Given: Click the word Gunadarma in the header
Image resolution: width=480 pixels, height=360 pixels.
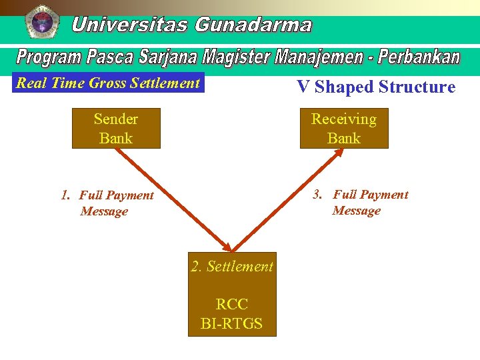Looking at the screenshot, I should tap(253, 25).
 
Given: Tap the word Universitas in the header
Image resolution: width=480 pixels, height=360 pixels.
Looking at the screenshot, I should tap(131, 25).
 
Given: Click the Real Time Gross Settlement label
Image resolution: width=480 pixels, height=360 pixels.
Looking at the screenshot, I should tap(108, 83).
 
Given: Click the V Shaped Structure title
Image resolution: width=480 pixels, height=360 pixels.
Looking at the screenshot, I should tap(376, 87).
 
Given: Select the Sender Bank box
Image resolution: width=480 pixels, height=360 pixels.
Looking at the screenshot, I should tap(116, 129).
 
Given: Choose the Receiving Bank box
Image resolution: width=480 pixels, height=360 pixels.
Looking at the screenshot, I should tap(343, 129).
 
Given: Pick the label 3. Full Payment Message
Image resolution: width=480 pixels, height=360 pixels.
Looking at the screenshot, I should tap(361, 203).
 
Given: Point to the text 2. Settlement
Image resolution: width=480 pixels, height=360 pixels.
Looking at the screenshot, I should tap(232, 267).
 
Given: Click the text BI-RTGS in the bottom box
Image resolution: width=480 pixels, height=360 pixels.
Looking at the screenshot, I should tap(231, 324).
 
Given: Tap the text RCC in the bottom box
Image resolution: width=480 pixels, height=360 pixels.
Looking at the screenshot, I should tap(231, 305).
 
